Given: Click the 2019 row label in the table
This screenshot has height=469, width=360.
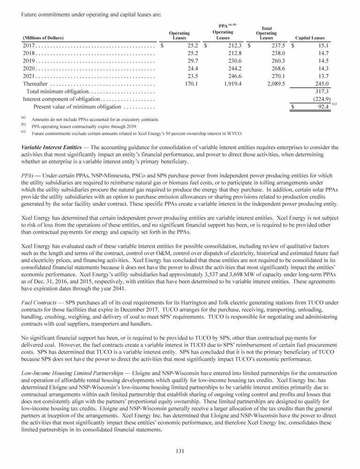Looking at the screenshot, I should pyautogui.click(x=29, y=61).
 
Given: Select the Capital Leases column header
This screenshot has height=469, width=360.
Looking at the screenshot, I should pyautogui.click(x=310, y=38).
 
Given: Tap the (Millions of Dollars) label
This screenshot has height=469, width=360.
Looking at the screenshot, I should pyautogui.click(x=43, y=38).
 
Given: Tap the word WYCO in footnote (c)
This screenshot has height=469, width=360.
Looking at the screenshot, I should pyautogui.click(x=234, y=133).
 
